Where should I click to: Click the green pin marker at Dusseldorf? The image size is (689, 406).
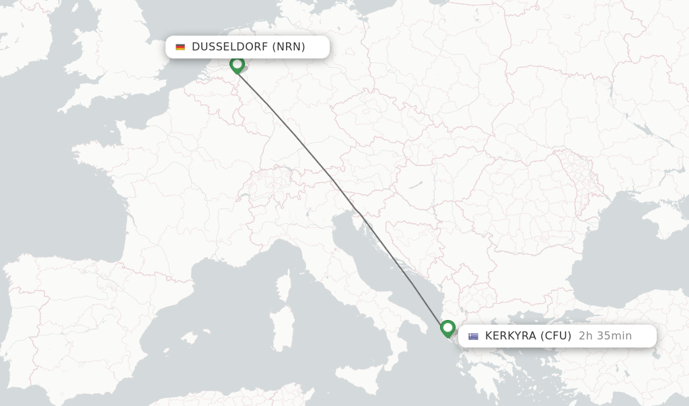click(x=237, y=65)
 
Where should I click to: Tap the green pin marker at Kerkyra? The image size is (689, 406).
click(x=447, y=329)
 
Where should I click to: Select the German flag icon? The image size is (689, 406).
click(x=180, y=47)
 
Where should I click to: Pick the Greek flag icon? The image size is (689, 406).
click(x=474, y=336)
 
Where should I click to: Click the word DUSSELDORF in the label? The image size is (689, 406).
click(x=229, y=47)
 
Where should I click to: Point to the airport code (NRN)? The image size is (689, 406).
click(x=289, y=47)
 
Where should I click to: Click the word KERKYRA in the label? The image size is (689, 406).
click(x=510, y=336)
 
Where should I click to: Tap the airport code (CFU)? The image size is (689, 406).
click(x=556, y=336)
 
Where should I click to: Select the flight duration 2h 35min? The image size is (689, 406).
click(x=605, y=336)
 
